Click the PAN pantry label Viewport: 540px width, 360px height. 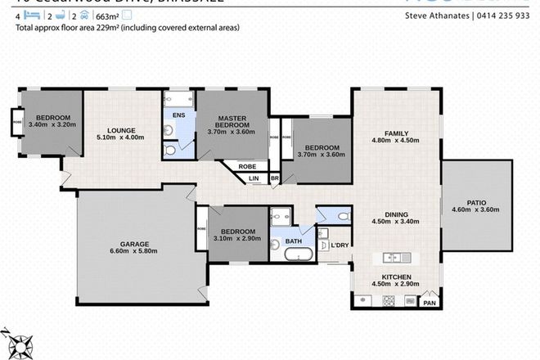428,303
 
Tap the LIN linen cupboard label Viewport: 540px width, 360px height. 254,178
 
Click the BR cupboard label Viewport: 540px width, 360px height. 275,178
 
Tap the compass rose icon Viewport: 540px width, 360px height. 17,341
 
